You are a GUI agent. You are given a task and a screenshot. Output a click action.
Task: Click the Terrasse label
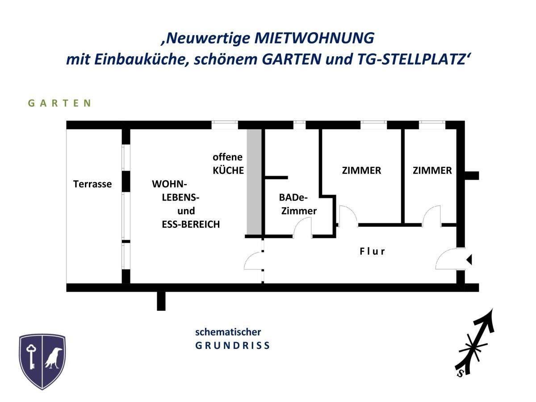[x=92, y=184]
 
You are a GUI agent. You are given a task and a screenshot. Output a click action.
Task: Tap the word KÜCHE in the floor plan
[x=228, y=170]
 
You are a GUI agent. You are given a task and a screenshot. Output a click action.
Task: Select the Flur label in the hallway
[x=372, y=251]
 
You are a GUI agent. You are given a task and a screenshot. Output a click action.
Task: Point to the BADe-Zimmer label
[x=298, y=204]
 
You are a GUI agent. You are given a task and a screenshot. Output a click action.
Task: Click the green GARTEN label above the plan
[x=60, y=103]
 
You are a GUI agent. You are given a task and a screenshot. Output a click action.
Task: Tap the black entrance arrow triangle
[x=469, y=259]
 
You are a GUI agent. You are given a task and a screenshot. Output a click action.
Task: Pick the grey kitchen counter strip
[x=254, y=182]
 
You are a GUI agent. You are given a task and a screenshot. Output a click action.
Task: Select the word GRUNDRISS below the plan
[x=232, y=346]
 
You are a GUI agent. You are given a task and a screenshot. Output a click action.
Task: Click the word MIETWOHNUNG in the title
[x=314, y=38]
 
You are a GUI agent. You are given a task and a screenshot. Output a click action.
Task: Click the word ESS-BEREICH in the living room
[x=191, y=224]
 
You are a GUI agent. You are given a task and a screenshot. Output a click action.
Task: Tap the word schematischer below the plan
[x=228, y=332]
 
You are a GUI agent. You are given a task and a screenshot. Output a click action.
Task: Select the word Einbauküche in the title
[x=142, y=60]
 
